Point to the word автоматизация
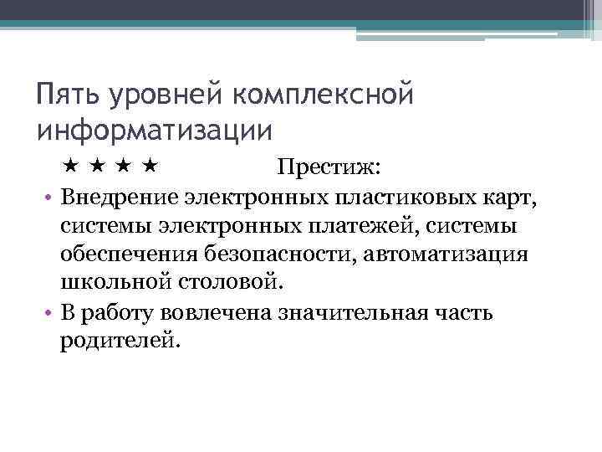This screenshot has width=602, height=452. (446, 254)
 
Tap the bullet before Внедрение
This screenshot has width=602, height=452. (48, 198)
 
